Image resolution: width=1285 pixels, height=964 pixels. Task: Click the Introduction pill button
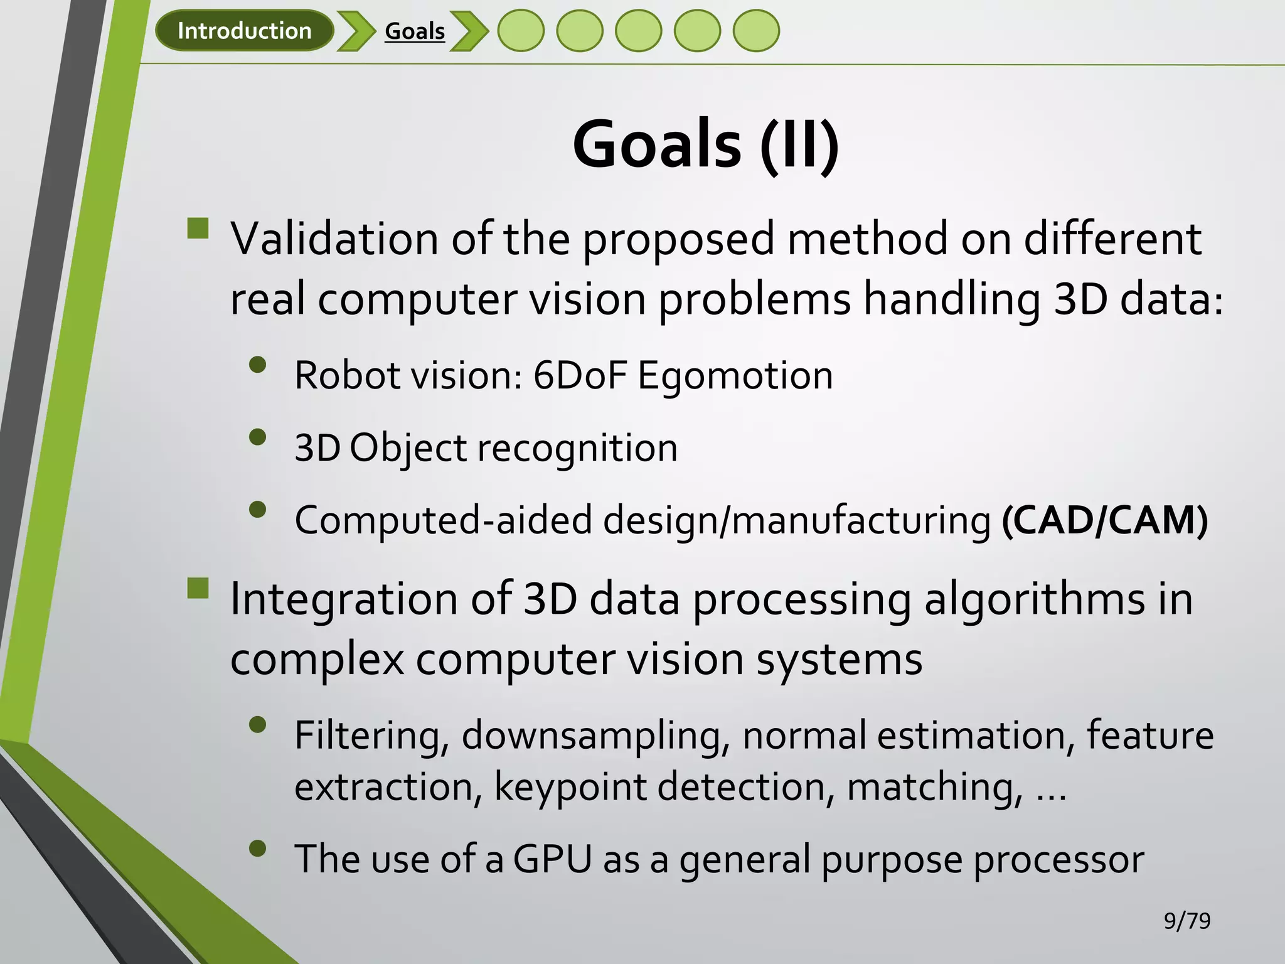point(244,31)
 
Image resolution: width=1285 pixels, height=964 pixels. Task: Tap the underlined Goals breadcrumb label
point(414,31)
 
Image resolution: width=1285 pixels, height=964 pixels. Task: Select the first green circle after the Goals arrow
point(521,31)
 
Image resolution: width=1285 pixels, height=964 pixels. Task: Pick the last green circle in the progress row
point(756,31)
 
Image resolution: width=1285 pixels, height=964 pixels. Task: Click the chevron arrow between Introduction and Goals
point(356,31)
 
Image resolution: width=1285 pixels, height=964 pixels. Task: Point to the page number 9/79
point(1186,921)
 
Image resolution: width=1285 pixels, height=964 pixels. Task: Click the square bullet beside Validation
point(198,228)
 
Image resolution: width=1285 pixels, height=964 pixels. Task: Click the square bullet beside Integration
point(198,589)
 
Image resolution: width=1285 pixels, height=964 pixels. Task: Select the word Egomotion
point(735,376)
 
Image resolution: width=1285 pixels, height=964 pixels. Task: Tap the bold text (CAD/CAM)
point(1104,520)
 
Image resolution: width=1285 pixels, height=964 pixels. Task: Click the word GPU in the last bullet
point(552,859)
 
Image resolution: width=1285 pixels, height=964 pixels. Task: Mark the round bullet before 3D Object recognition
point(257,437)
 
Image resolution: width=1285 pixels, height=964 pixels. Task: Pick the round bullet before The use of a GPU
point(257,849)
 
